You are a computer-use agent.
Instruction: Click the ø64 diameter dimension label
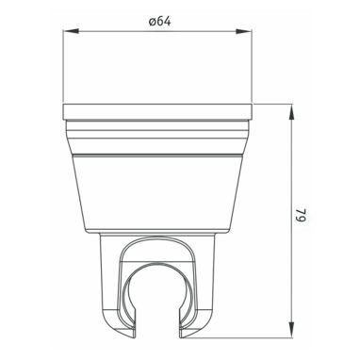click(x=159, y=22)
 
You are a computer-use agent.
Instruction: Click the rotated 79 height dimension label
click(x=301, y=214)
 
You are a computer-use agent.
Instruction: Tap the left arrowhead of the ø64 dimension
click(x=71, y=31)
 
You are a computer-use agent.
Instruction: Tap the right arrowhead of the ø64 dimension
click(x=244, y=31)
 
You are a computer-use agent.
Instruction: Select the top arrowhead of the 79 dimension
click(x=291, y=112)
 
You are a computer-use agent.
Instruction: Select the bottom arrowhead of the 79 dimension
click(x=291, y=330)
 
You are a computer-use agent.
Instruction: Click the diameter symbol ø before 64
click(x=153, y=22)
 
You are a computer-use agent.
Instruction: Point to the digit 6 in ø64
click(x=160, y=22)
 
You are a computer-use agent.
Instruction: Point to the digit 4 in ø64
click(x=167, y=22)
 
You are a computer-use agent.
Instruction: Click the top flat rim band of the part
click(x=157, y=112)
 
